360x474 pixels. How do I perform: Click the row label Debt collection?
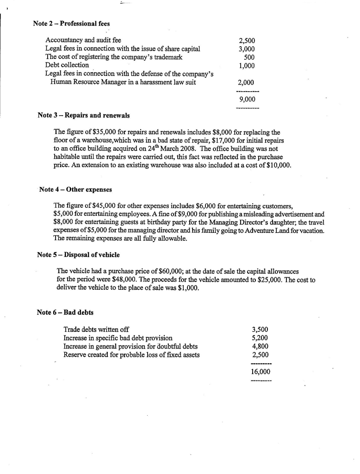[67, 65]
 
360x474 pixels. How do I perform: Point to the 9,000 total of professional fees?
[247, 100]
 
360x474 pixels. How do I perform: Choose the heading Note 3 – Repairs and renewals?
[83, 115]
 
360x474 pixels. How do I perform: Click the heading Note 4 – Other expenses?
[75, 189]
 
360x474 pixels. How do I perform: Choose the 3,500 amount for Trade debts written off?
[260, 330]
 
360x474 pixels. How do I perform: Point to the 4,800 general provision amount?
[260, 347]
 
